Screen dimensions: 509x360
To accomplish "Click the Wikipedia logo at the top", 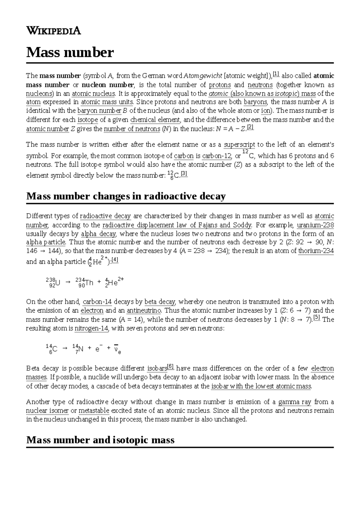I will point(53,31).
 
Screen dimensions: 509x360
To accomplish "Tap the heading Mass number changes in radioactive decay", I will point(126,196).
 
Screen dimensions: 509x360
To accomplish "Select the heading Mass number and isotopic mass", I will point(100,440).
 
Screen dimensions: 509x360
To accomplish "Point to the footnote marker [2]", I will point(250,127).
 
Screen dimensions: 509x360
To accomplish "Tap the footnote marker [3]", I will point(184,174).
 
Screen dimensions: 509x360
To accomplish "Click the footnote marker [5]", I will point(317,318).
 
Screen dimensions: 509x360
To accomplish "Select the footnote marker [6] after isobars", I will point(170,366).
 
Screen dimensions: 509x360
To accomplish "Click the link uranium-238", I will point(315,225).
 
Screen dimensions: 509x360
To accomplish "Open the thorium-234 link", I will point(316,251).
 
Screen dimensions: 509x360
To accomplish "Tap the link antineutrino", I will point(144,311).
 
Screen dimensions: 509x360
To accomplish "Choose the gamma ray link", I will point(295,402).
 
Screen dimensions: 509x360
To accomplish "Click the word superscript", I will point(239,145).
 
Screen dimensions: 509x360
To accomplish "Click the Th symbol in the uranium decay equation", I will point(89,283).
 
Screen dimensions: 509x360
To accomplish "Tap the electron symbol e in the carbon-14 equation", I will point(97,349).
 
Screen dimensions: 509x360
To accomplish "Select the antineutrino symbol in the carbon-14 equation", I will point(116,349).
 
